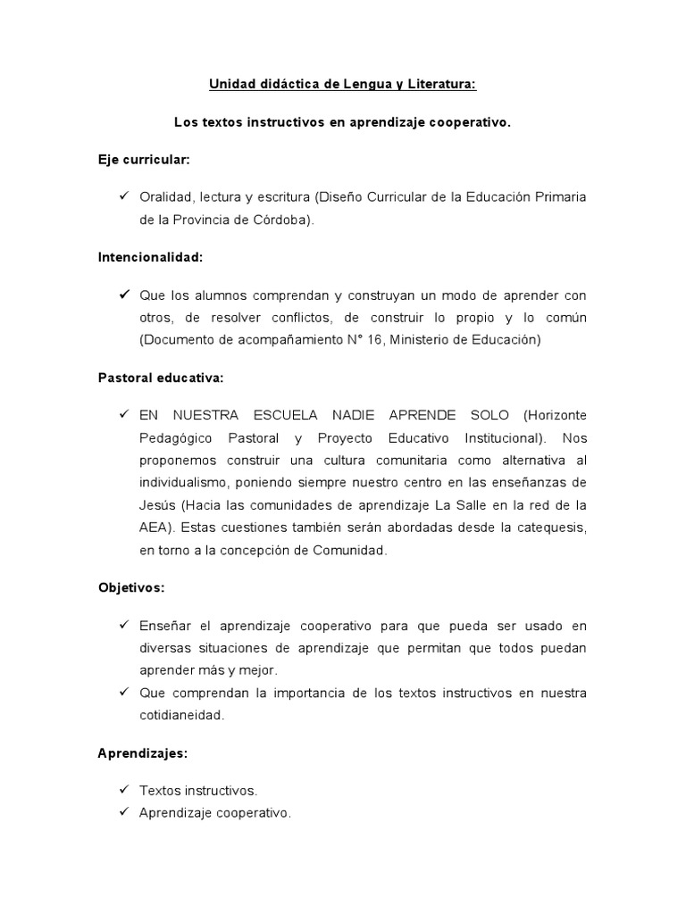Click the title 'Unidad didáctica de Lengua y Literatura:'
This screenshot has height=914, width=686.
point(343,85)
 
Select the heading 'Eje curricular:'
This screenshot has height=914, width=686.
point(144,160)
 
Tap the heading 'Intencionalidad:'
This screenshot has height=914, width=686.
point(150,257)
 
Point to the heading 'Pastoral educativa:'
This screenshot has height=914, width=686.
point(161,378)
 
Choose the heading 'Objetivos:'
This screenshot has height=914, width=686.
point(131,588)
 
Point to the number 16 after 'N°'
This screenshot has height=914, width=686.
point(375,340)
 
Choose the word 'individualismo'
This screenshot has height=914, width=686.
point(183,483)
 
